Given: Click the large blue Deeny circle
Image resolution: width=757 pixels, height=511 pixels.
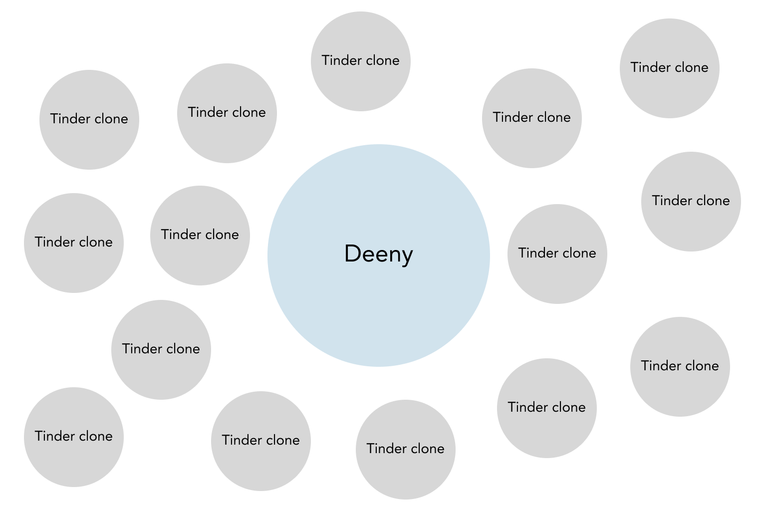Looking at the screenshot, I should tap(378, 299).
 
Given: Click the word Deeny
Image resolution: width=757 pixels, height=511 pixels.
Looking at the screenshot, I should tap(378, 254).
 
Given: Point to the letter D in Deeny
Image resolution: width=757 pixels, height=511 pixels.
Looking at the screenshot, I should tap(352, 254).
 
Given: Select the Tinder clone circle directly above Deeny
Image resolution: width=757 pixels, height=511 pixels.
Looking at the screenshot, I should tap(360, 61).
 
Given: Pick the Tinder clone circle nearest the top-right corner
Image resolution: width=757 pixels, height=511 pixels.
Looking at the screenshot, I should tap(669, 68).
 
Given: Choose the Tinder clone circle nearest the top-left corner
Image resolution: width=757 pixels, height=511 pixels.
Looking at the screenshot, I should tap(89, 120).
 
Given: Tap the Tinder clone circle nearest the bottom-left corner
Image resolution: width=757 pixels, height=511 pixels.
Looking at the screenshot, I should tap(74, 437).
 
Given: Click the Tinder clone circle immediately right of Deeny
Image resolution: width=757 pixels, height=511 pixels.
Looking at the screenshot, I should tap(557, 254).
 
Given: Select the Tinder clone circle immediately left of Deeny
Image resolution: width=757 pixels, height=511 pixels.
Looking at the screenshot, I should tap(200, 236).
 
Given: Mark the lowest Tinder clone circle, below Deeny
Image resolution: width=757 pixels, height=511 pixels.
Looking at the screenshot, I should tap(405, 449).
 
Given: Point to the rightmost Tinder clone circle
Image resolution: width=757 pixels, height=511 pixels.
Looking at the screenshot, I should tap(691, 202).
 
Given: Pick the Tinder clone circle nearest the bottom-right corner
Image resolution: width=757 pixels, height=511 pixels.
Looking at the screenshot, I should tap(680, 367).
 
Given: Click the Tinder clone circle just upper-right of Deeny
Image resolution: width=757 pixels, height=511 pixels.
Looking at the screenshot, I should tap(531, 118).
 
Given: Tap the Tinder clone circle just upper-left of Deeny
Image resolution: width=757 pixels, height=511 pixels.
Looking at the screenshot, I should tap(227, 113).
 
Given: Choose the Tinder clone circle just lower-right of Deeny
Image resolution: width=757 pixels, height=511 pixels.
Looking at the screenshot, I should tap(546, 408).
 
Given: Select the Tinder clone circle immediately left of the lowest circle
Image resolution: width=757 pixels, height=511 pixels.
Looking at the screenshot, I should tap(260, 441).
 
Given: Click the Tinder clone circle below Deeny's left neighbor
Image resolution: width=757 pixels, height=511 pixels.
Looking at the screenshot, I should tap(161, 350).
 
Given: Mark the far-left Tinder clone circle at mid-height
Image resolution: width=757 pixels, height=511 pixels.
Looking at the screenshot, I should tap(74, 243).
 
